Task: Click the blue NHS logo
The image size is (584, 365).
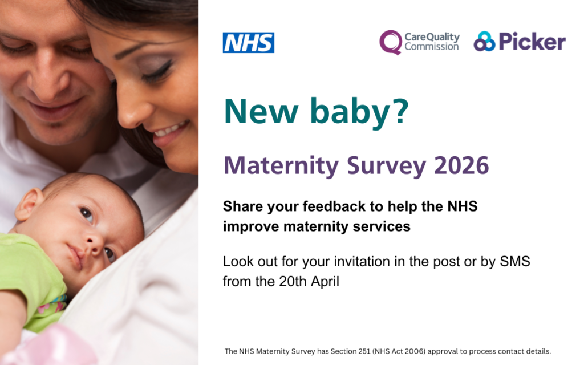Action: (248, 43)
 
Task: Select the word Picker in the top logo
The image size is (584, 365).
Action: (532, 42)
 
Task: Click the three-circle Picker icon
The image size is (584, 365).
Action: (484, 42)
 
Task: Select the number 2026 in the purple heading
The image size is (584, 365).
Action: (461, 165)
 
